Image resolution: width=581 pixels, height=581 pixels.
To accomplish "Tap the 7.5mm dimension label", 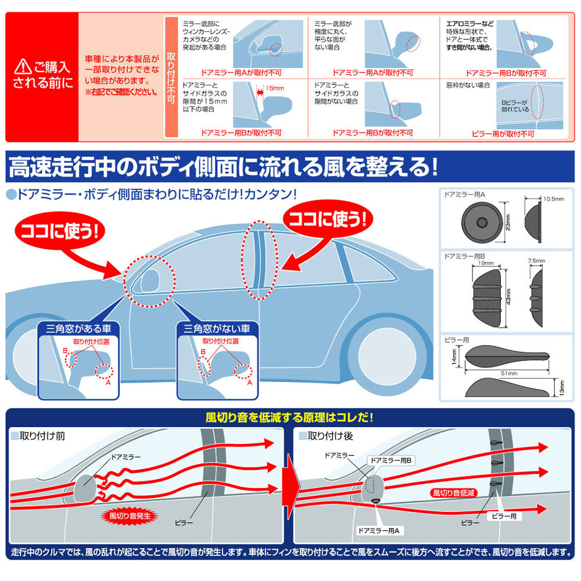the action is point(537,261).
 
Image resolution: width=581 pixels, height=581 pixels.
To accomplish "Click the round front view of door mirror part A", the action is point(482,223).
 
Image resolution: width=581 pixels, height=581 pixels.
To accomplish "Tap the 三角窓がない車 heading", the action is point(216,328).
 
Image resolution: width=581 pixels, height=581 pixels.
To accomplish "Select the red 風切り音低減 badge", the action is point(453,492).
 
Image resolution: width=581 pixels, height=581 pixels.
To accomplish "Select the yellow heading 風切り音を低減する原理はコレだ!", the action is point(290,417).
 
